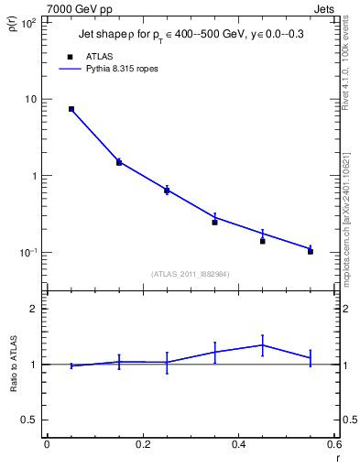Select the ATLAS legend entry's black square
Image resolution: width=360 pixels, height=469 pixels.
[x=71, y=56]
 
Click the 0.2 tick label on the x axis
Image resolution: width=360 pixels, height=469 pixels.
[x=142, y=444]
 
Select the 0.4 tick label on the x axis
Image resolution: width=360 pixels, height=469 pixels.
[x=238, y=444]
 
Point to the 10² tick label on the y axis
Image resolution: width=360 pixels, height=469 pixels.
[x=27, y=22]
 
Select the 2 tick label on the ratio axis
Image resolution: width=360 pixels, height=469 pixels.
[x=33, y=309]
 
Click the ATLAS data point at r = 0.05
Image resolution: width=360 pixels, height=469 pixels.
[x=71, y=109]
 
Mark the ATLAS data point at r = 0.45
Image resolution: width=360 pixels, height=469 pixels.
[x=262, y=241]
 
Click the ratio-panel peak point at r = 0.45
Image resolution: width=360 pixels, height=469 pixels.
[x=262, y=344]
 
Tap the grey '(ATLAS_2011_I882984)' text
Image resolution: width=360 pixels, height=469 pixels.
[x=190, y=273]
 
